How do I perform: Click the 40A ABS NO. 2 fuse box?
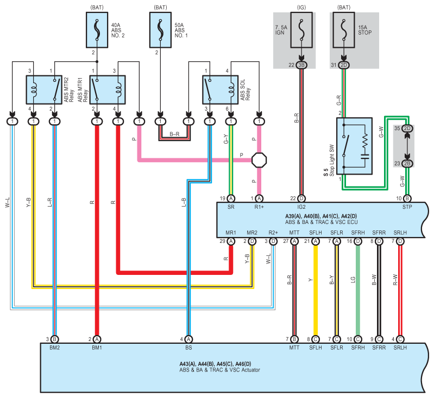[x=97, y=30]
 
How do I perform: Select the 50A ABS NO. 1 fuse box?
[x=161, y=30]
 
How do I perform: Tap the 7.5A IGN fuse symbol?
[x=301, y=30]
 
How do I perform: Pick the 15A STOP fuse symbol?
[x=344, y=30]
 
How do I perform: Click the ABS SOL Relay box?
[x=221, y=90]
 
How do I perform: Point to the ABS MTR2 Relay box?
[x=44, y=90]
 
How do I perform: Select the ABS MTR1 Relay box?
[x=108, y=90]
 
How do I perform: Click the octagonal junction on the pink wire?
[x=259, y=160]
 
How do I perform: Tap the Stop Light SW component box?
[x=354, y=146]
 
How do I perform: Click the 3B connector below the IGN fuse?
[x=301, y=65]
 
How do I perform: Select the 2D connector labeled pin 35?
[x=407, y=129]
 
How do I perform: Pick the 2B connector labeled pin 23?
[x=407, y=163]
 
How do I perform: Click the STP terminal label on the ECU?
[x=407, y=207]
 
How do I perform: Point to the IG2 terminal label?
[x=301, y=207]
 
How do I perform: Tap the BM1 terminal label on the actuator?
[x=97, y=348]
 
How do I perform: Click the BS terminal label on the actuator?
[x=188, y=348]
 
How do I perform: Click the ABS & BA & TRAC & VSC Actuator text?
[x=220, y=370]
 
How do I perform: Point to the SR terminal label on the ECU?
[x=231, y=207]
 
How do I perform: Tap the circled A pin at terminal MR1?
[x=231, y=241]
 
